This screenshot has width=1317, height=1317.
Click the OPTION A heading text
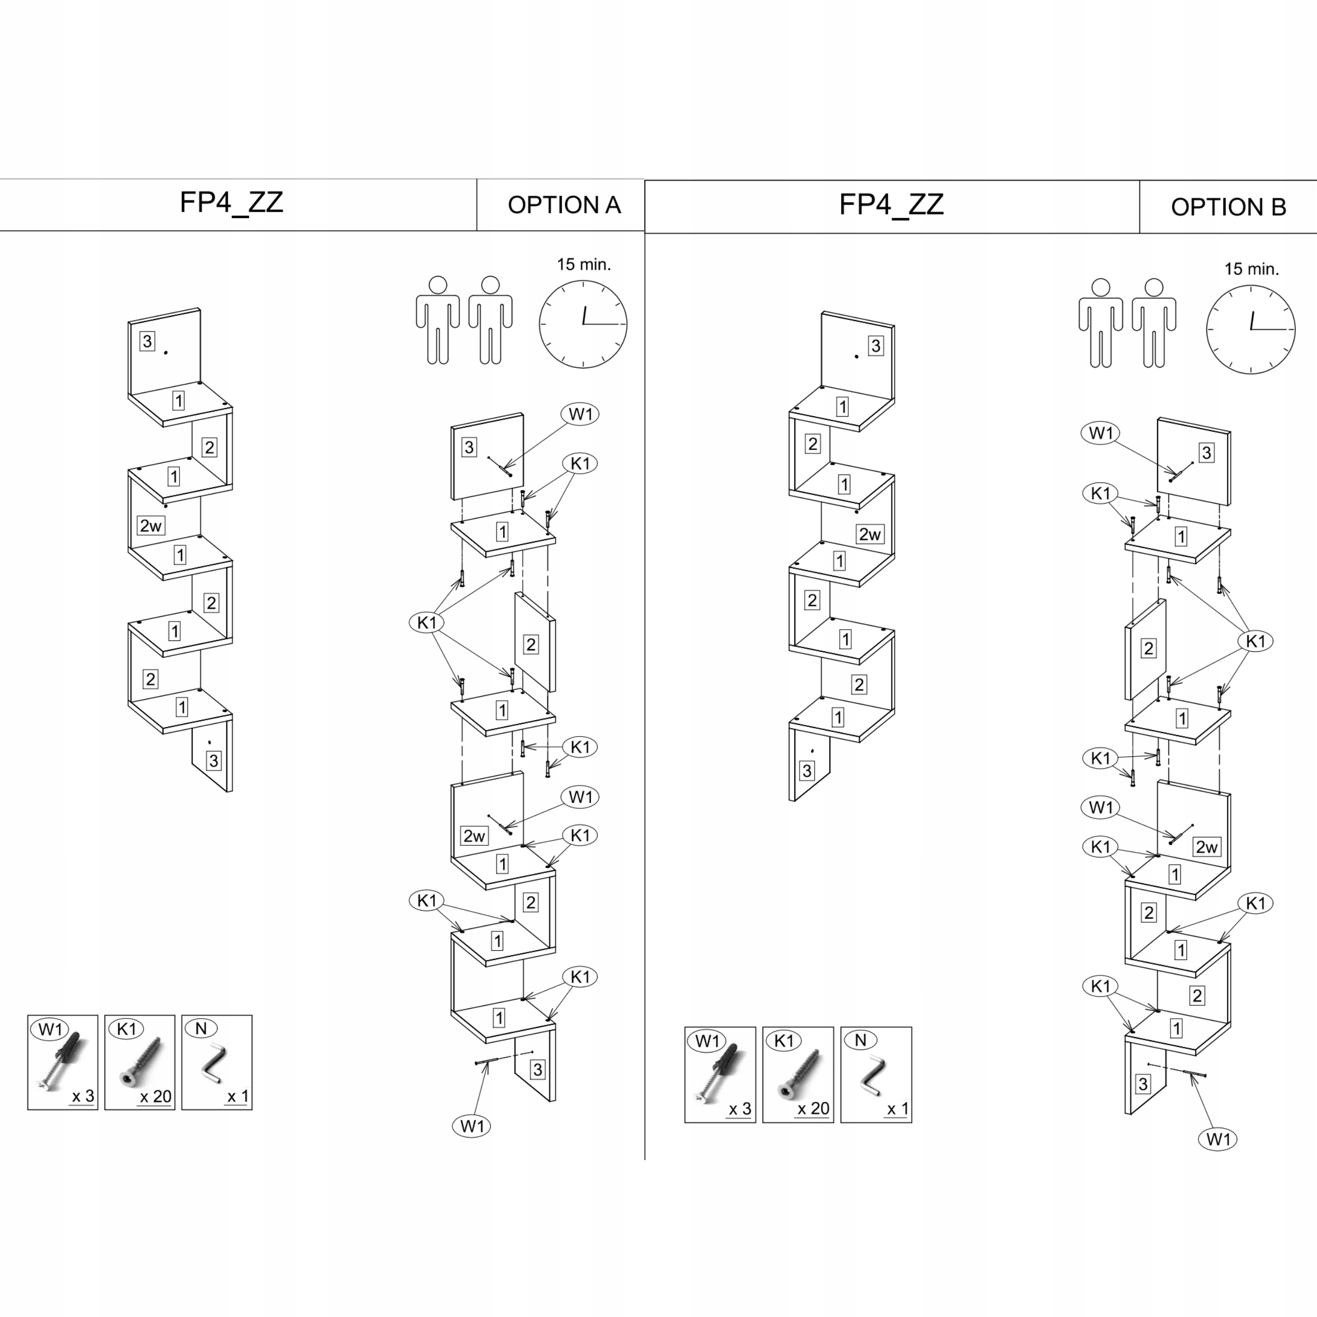pyautogui.click(x=564, y=205)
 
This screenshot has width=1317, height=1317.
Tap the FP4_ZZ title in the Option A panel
pyautogui.click(x=231, y=203)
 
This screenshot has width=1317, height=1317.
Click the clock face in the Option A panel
pyautogui.click(x=583, y=325)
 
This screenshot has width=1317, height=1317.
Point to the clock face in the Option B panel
pyautogui.click(x=1250, y=329)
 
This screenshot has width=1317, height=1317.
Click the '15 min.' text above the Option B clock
pyautogui.click(x=1252, y=269)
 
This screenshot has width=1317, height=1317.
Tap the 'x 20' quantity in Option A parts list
pyautogui.click(x=155, y=1096)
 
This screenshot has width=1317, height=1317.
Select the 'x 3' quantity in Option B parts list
pyautogui.click(x=740, y=1109)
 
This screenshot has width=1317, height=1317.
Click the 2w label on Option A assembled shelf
pyautogui.click(x=151, y=526)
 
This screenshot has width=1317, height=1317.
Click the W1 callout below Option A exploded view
pyautogui.click(x=472, y=1126)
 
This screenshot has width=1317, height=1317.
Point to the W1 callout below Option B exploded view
pyautogui.click(x=1218, y=1139)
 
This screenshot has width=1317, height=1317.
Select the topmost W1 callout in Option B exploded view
pyautogui.click(x=1100, y=433)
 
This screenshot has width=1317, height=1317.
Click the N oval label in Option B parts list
pyautogui.click(x=860, y=1040)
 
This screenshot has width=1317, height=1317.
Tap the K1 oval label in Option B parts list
pyautogui.click(x=784, y=1040)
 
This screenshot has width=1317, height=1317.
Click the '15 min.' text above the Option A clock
pyautogui.click(x=583, y=264)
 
